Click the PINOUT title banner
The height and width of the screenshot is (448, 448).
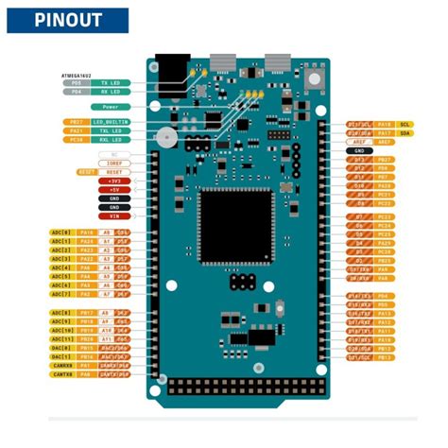click(x=65, y=20)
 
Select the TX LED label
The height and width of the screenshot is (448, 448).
click(x=112, y=82)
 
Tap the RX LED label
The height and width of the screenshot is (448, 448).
click(x=112, y=92)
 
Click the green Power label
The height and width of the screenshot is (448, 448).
click(x=112, y=107)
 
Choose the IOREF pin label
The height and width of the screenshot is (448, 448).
click(x=113, y=163)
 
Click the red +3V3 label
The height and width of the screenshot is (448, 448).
click(x=113, y=180)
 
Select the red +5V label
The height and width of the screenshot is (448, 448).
click(x=113, y=189)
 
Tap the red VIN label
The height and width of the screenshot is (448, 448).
click(x=113, y=215)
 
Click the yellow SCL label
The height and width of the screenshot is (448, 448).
click(x=405, y=124)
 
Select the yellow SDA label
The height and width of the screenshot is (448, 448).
click(x=405, y=133)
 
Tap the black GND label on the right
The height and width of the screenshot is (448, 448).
click(x=359, y=150)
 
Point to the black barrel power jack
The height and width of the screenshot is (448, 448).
click(x=169, y=74)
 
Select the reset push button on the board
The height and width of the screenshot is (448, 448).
click(x=167, y=139)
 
